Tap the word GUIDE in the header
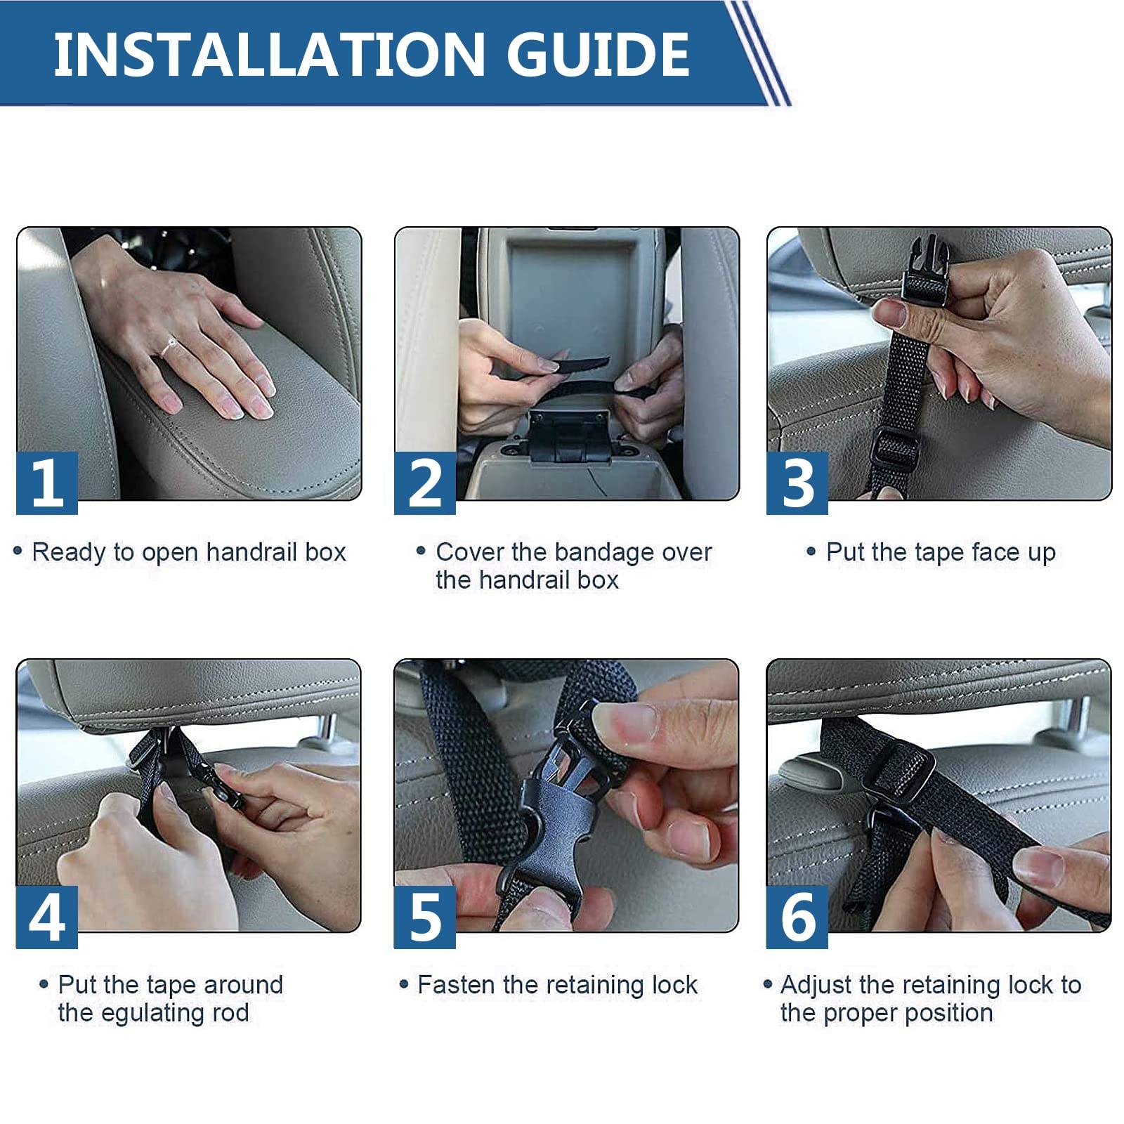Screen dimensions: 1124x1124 tap(598, 54)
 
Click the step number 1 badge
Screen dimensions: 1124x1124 tap(47, 483)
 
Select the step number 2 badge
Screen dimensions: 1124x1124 tap(425, 483)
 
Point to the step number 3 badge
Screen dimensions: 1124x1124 tap(797, 483)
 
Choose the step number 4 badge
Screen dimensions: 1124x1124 tap(47, 917)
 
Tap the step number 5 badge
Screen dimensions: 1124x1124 tap(425, 917)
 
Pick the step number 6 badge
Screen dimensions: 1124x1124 tap(797, 917)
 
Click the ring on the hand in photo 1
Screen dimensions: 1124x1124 tap(169, 346)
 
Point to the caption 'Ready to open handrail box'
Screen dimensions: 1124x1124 tap(189, 552)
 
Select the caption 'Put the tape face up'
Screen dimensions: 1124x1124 tap(941, 552)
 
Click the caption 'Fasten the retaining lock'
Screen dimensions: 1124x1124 tap(558, 985)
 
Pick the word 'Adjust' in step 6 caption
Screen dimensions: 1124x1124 tap(816, 985)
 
